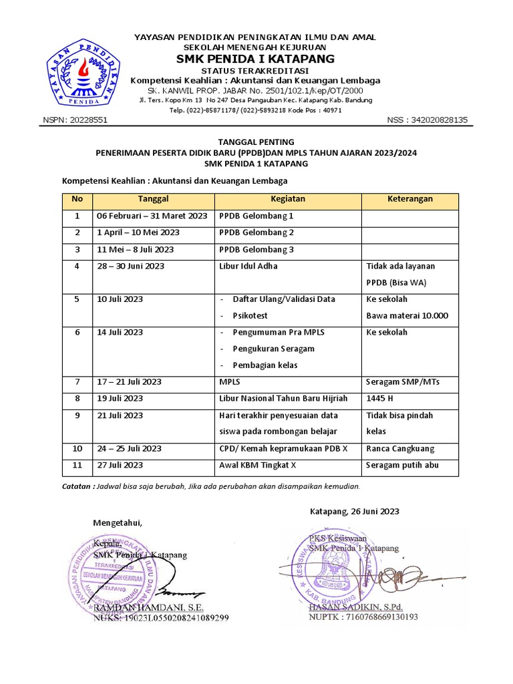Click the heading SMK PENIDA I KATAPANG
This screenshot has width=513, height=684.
[255, 59]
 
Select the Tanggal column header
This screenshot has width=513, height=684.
[153, 199]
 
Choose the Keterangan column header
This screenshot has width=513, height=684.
[410, 199]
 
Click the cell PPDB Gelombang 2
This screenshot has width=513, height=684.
[256, 232]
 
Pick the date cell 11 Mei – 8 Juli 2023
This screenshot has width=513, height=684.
[136, 249]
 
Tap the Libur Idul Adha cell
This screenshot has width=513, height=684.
[248, 266]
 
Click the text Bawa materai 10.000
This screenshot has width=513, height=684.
[407, 316]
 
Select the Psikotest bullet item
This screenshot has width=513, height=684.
[251, 316]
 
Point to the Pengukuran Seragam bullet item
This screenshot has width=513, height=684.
[273, 349]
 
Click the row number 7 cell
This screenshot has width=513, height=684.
[77, 382]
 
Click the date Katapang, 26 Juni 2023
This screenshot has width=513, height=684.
[355, 512]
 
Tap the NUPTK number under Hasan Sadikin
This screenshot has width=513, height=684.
[363, 617]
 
